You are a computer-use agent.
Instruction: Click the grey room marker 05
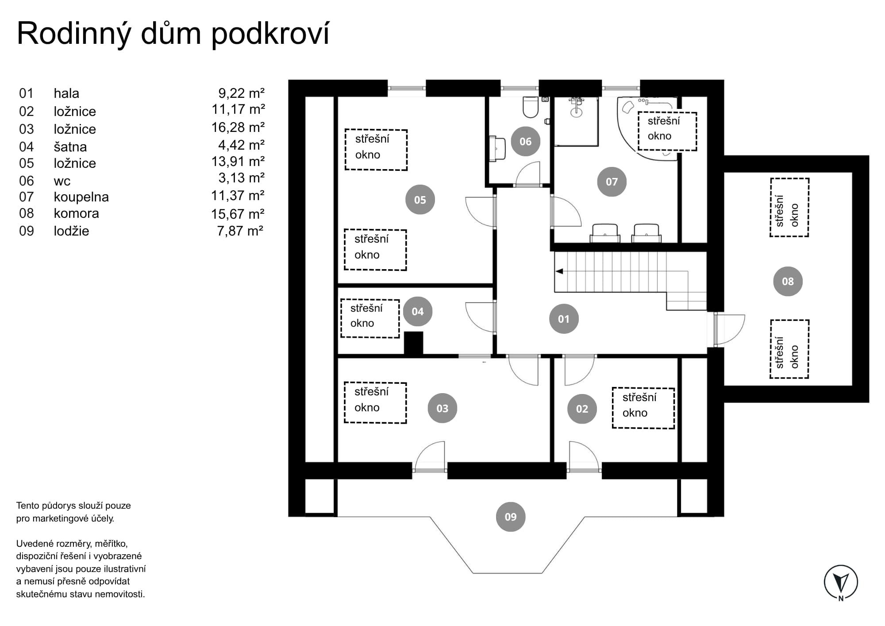420,200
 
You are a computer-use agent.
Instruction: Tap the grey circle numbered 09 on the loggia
511,517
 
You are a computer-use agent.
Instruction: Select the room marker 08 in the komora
788,281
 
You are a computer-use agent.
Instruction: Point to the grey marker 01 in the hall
564,319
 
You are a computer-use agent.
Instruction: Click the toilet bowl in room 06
530,107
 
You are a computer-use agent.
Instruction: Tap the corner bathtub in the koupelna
646,128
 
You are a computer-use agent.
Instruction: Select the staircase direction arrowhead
559,271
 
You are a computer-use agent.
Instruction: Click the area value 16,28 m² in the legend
238,128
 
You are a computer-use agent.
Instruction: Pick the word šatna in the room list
70,147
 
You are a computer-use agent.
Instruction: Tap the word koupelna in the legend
81,197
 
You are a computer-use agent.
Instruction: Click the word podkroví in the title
270,34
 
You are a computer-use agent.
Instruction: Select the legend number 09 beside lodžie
27,231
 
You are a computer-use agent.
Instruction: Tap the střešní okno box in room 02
643,408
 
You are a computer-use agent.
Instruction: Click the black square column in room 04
414,343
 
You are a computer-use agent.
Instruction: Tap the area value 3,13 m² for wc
242,178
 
